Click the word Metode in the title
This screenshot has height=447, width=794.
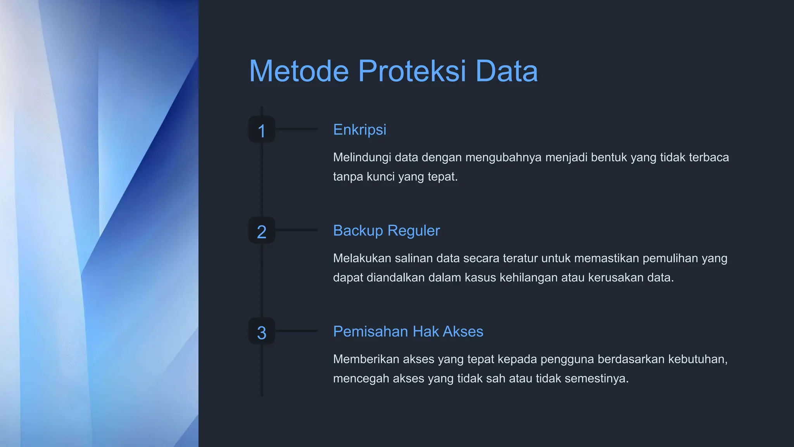point(299,71)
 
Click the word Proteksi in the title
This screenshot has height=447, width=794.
point(412,71)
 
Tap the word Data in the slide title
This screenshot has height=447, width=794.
point(506,71)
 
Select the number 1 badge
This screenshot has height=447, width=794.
point(262,130)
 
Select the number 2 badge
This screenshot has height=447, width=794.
point(262,230)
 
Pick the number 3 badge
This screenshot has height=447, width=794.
point(262,331)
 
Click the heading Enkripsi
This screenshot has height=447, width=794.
point(359,130)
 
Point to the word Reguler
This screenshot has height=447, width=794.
point(413,231)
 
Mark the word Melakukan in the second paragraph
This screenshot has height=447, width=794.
point(362,258)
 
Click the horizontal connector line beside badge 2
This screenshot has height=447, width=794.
point(297,230)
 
